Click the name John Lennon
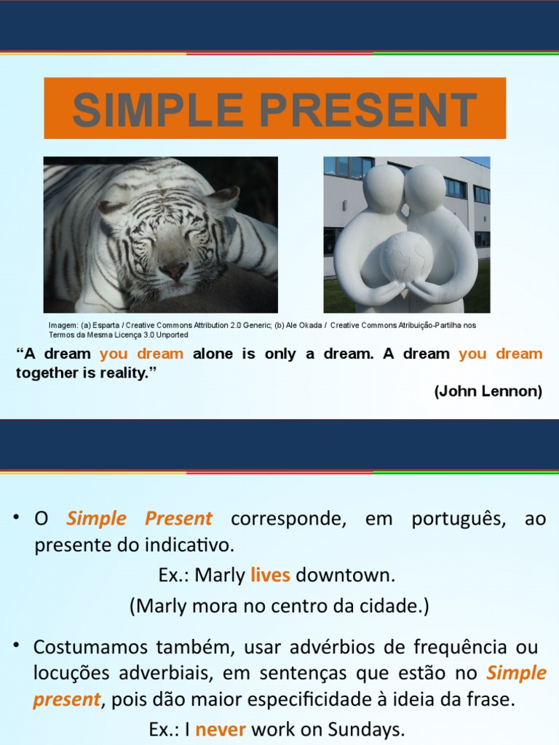488,391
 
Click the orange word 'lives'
270,575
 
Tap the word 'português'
458,519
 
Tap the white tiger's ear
224,197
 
